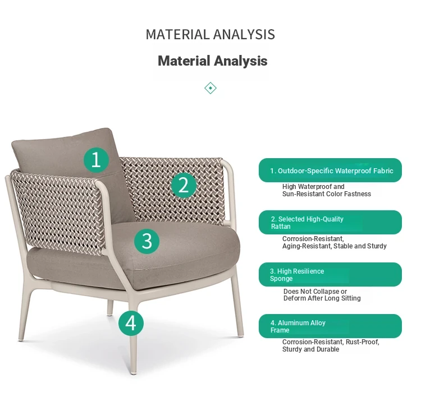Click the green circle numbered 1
pos(96,160)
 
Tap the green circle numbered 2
pos(184,185)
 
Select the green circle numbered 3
pos(147,241)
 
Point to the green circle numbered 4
pos(131,323)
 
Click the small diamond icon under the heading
pos(210,88)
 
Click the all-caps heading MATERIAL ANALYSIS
pos(210,35)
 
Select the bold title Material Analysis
pos(212,61)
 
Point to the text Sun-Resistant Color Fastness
pos(327,194)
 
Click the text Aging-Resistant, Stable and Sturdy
pos(335,246)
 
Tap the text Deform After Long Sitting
pos(322,298)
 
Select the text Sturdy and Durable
pos(310,349)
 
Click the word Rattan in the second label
pos(281,227)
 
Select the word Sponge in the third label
pos(281,279)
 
